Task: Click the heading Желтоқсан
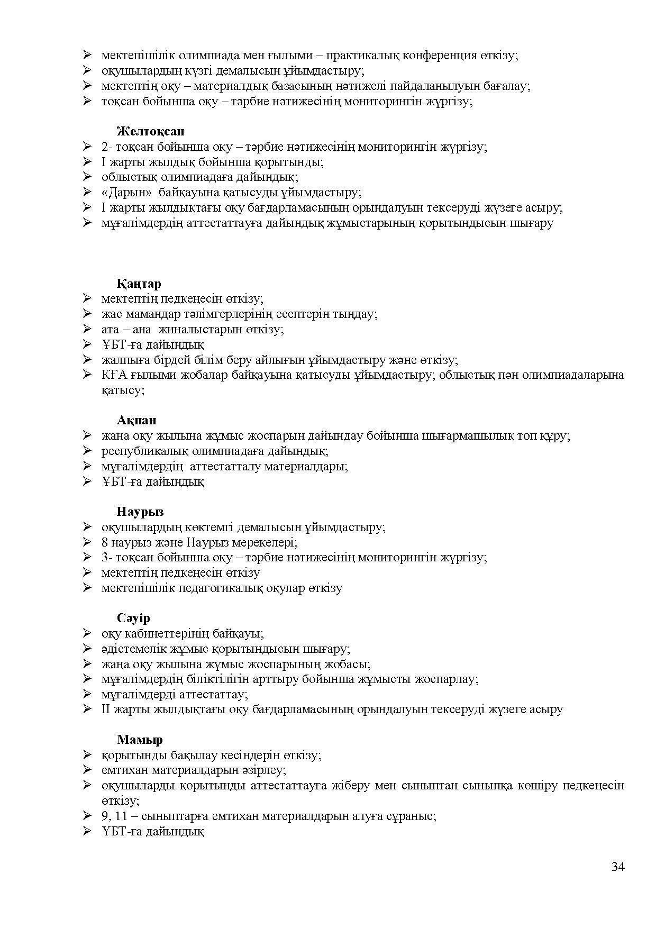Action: [x=150, y=131]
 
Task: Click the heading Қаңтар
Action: [x=139, y=284]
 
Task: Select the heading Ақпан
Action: [x=136, y=421]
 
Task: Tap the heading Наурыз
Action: [x=140, y=512]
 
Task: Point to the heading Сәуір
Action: [x=133, y=618]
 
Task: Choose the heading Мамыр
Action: [x=140, y=740]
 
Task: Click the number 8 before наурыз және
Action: [x=104, y=542]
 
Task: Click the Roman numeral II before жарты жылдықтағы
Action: [x=105, y=709]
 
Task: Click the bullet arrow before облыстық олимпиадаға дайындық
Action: [x=87, y=177]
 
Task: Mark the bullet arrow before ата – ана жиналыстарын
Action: [x=87, y=329]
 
